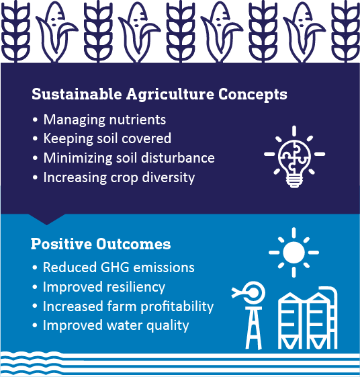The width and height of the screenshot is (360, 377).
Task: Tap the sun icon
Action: [294, 252]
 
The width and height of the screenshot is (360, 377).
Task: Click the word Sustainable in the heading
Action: [77, 94]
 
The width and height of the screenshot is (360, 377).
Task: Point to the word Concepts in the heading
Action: [253, 94]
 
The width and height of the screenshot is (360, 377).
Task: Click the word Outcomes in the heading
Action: [134, 244]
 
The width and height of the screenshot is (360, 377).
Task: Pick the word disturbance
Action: [178, 158]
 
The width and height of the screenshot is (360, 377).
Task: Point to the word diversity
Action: [168, 178]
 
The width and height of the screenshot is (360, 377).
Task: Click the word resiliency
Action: [136, 288]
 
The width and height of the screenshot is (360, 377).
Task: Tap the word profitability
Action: [177, 306]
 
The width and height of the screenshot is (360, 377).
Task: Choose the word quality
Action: [168, 326]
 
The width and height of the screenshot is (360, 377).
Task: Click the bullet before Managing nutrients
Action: [35, 120]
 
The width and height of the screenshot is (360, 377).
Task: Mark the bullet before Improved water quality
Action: [35, 325]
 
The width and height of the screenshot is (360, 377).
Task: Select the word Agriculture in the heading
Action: [170, 94]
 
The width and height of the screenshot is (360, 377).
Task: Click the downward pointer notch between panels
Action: [47, 219]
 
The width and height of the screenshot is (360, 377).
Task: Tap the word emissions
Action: [164, 267]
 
